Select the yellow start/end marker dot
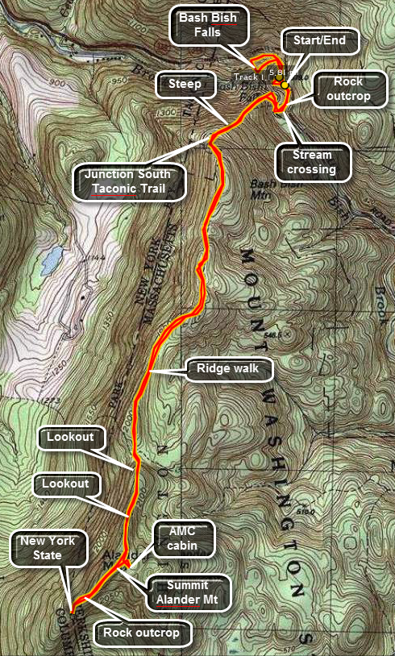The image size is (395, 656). point(285,83)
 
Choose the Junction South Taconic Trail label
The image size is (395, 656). point(130,182)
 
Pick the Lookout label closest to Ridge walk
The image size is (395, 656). point(71,437)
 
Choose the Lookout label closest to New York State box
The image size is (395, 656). point(67,485)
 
